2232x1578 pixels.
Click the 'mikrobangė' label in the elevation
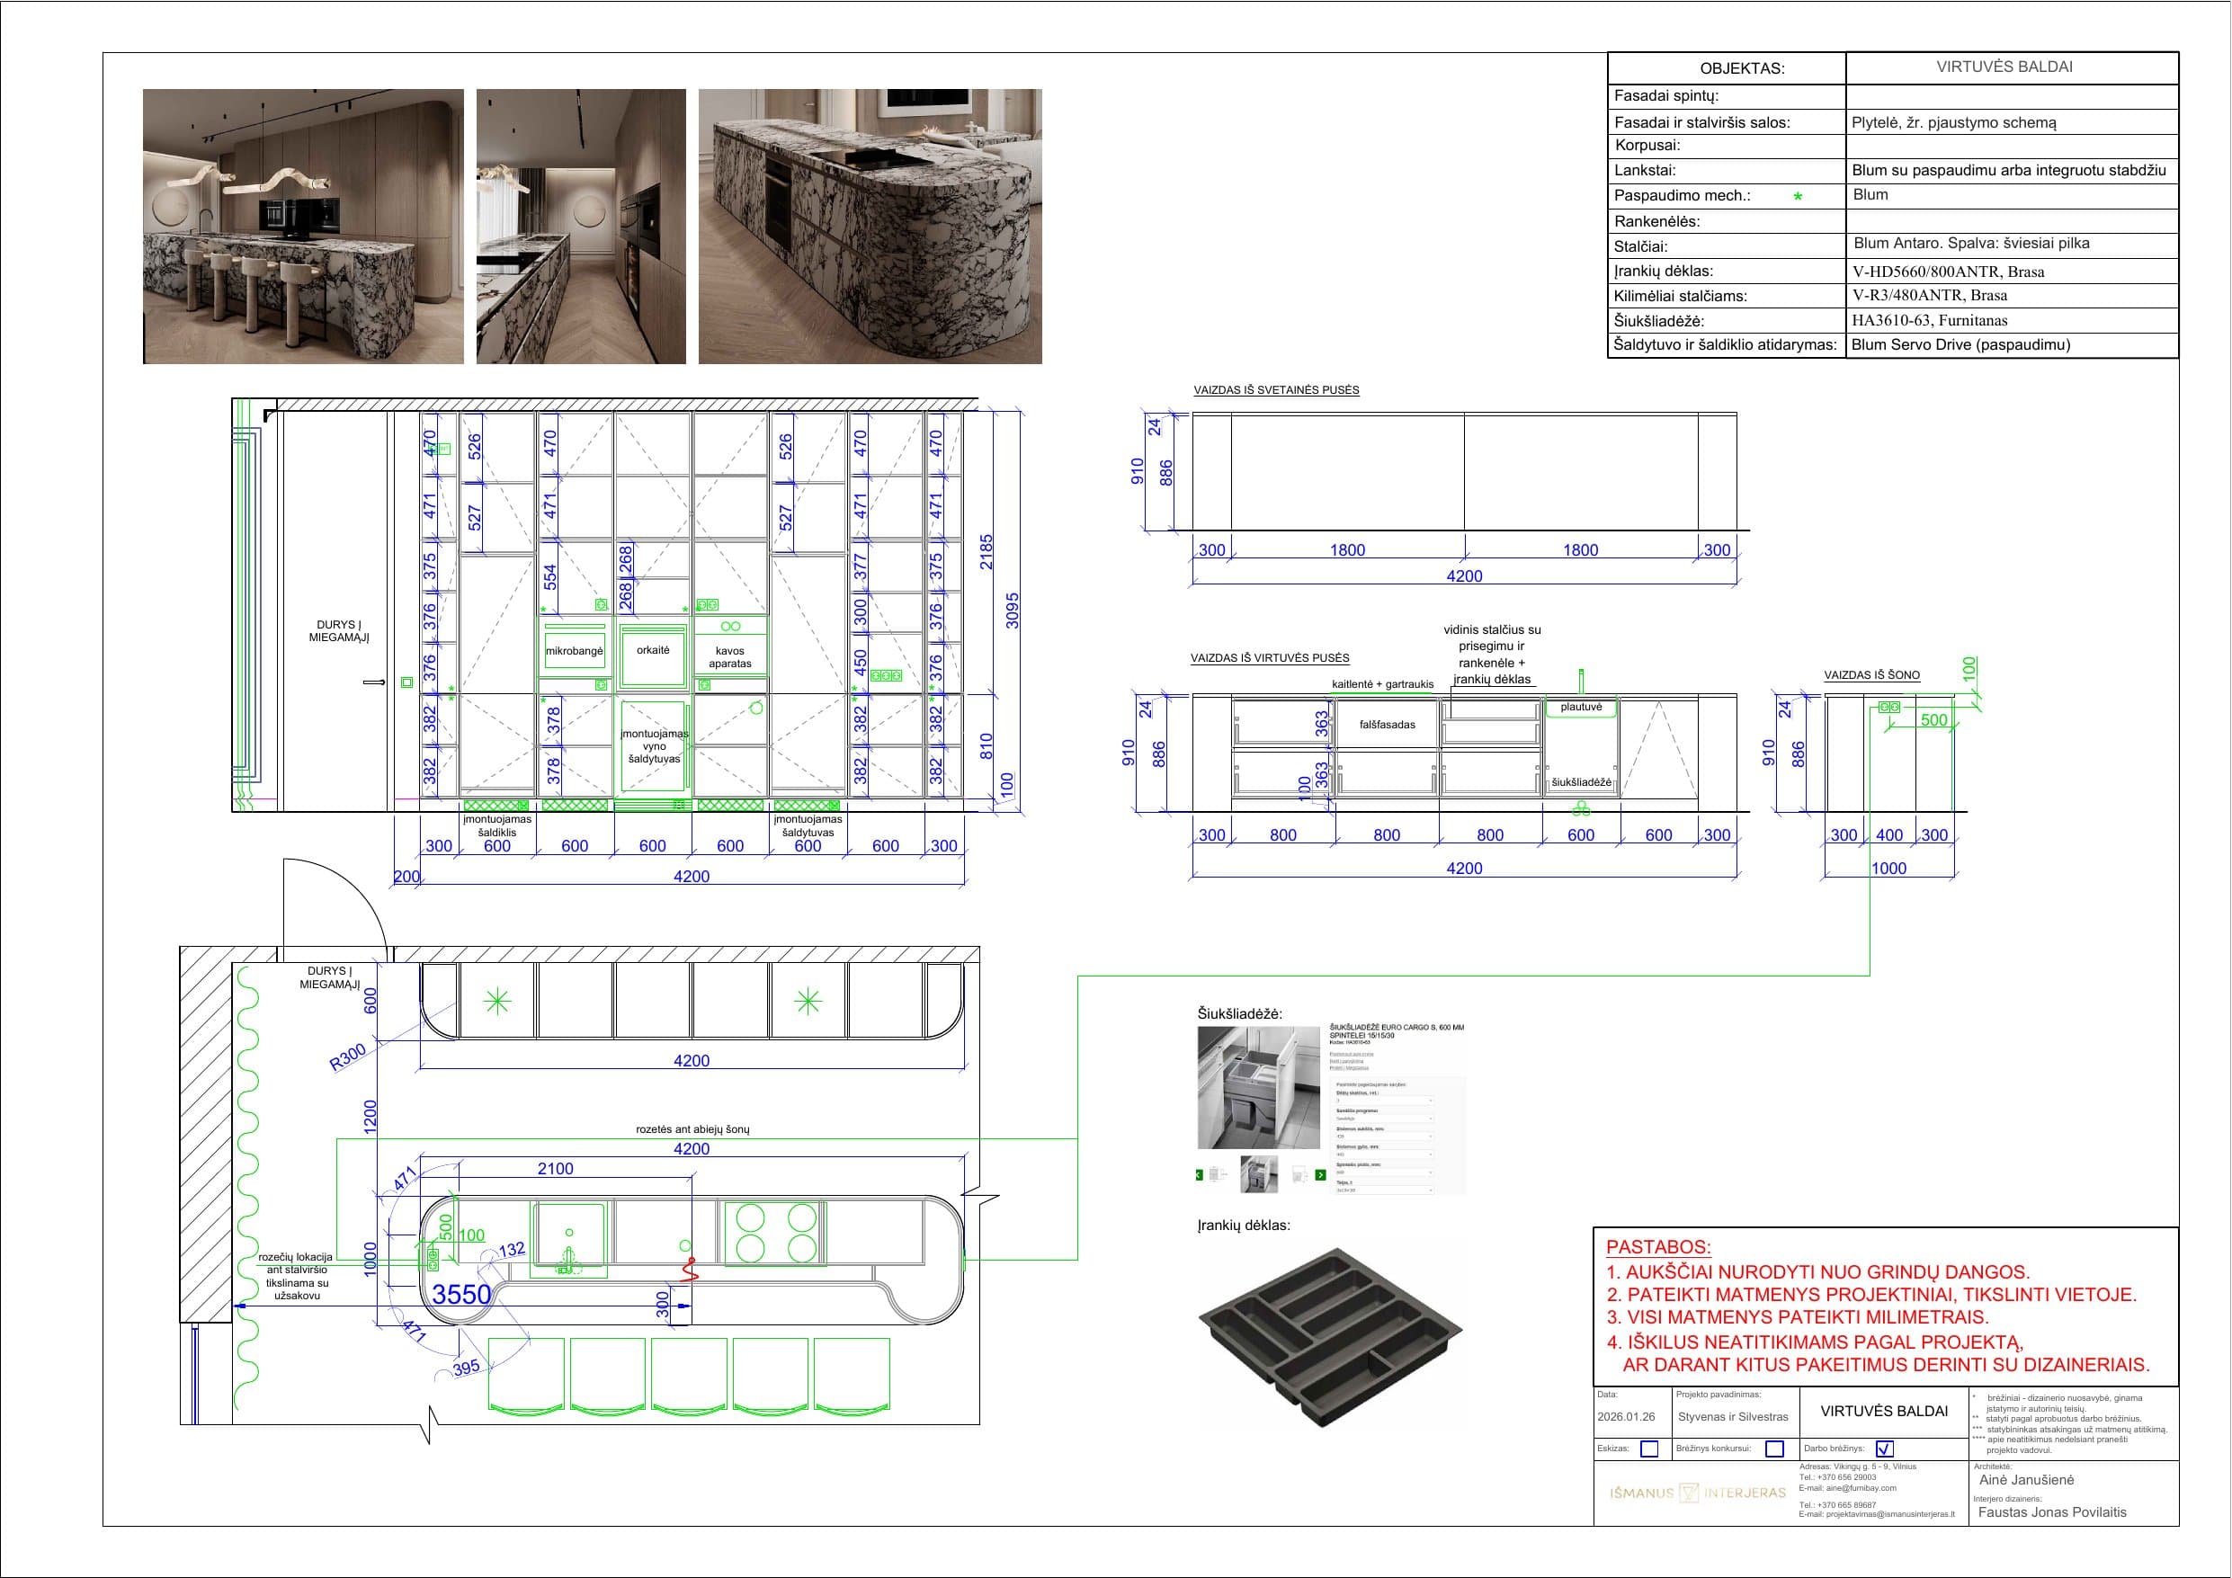coord(575,650)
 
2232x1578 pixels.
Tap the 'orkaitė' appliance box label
coord(653,649)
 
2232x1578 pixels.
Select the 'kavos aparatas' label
coord(730,657)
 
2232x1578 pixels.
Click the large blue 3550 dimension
coord(460,1295)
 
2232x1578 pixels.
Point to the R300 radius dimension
coord(348,1056)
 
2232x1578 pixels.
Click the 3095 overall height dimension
coord(1013,610)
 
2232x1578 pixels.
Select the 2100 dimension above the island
coord(555,1169)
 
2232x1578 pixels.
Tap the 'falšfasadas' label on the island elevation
coord(1388,725)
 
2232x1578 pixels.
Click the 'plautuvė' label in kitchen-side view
coord(1581,707)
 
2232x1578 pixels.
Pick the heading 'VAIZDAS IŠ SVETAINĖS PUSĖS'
coord(1276,390)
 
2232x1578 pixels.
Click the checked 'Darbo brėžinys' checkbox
coord(1885,1449)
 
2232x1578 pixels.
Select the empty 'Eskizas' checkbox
coord(1648,1449)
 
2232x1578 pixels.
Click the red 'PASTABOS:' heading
coord(1657,1247)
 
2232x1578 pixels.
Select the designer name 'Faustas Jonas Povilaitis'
coord(2052,1511)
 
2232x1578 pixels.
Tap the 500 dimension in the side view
coord(1933,720)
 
